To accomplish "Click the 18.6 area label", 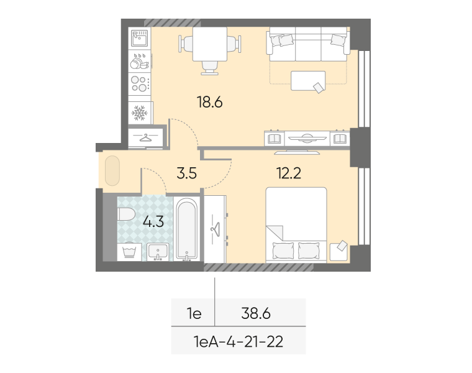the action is pyautogui.click(x=209, y=102).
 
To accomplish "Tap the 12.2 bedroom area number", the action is pyautogui.click(x=289, y=173).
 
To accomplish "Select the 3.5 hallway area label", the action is pyautogui.click(x=187, y=173).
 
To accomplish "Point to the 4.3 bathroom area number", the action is pyautogui.click(x=153, y=222).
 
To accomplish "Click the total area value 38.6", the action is pyautogui.click(x=256, y=314).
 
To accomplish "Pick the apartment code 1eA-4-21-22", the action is pyautogui.click(x=238, y=342).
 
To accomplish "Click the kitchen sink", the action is pyautogui.click(x=140, y=39).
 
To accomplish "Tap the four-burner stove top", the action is pyautogui.click(x=140, y=84).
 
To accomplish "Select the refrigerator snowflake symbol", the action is pyautogui.click(x=140, y=113).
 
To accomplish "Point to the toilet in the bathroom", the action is pyautogui.click(x=126, y=214).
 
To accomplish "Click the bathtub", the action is pyautogui.click(x=187, y=229).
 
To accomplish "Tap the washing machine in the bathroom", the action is pyautogui.click(x=129, y=252).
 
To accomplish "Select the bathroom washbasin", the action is pyautogui.click(x=158, y=252).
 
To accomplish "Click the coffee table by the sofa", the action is pyautogui.click(x=308, y=81).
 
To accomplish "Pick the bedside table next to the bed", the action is pyautogui.click(x=338, y=252).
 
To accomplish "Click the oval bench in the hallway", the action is pyautogui.click(x=112, y=171).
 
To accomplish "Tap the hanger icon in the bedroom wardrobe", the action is pyautogui.click(x=216, y=229).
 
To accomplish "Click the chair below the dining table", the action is pyautogui.click(x=210, y=68).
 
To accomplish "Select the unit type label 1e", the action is pyautogui.click(x=194, y=314).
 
